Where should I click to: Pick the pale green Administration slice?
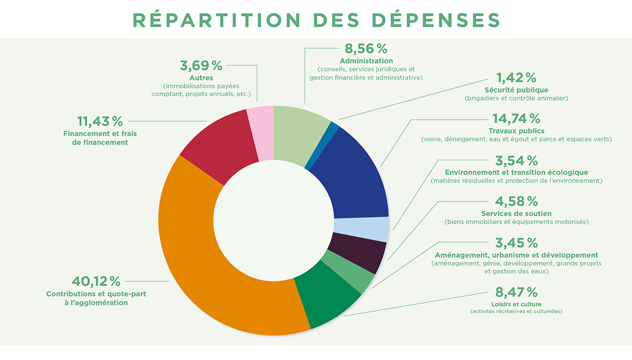point(301,134)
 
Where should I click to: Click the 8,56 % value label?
point(366,49)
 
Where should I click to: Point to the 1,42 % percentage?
point(516,77)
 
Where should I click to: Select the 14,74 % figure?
point(516,118)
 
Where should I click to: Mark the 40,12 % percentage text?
point(96,281)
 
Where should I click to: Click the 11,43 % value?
point(100,121)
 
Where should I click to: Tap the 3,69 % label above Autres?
point(201,65)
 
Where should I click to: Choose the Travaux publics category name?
point(516,131)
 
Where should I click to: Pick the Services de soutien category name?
point(516,213)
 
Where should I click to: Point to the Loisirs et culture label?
point(516,304)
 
